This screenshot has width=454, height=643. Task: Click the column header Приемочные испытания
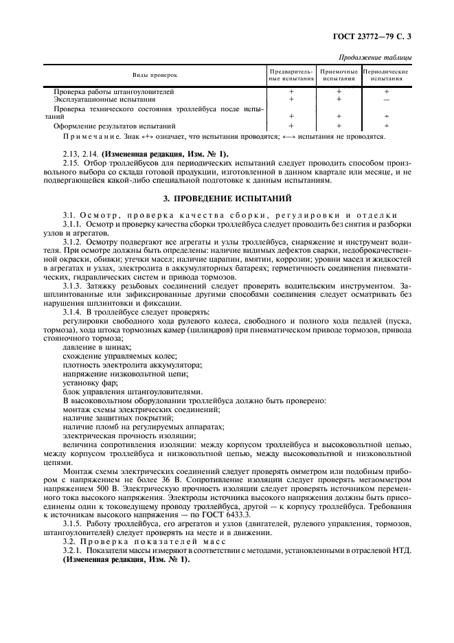point(339,74)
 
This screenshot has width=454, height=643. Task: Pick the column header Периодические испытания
point(386,74)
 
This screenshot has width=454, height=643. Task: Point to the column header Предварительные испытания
point(291,74)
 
